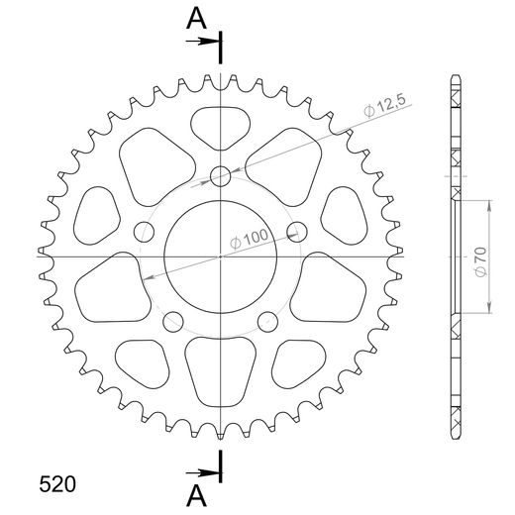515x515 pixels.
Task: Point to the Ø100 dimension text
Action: pyautogui.click(x=248, y=239)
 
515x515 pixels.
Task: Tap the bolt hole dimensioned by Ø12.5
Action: pyautogui.click(x=221, y=178)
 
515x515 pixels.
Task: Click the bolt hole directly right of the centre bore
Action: pyautogui.click(x=294, y=233)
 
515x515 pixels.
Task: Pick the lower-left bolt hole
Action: pyautogui.click(x=174, y=320)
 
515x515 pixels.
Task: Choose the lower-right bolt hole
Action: pyautogui.click(x=266, y=320)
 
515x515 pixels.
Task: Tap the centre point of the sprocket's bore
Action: pyautogui.click(x=221, y=257)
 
